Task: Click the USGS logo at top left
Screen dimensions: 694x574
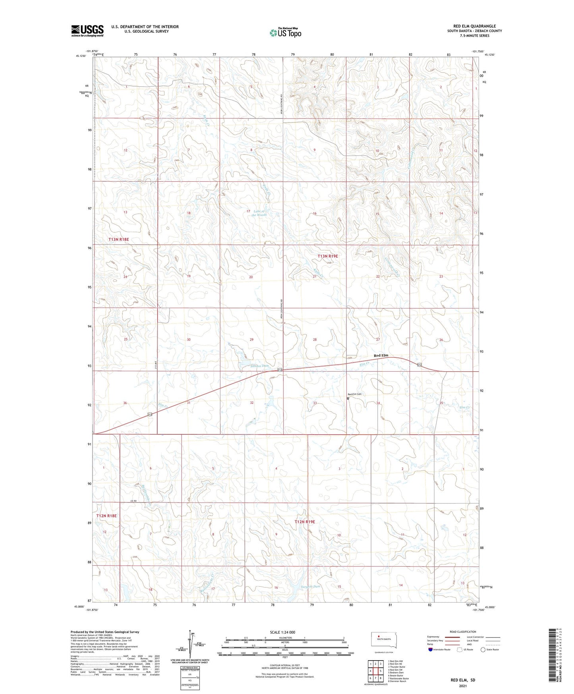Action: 87,31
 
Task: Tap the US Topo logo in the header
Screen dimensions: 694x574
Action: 285,33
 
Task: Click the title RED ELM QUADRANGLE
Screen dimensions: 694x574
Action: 472,26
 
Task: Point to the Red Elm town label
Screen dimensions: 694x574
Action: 381,355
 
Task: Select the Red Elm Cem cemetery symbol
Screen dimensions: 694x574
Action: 348,398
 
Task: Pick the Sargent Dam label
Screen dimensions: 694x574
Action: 311,586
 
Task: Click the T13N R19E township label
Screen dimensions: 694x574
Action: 328,256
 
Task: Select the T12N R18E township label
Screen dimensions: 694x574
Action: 106,516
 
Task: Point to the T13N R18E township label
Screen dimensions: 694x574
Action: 119,239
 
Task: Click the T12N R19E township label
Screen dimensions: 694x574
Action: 305,521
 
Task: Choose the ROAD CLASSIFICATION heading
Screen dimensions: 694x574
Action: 463,632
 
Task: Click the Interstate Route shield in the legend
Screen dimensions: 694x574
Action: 431,649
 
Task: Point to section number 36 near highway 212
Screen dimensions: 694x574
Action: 125,403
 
